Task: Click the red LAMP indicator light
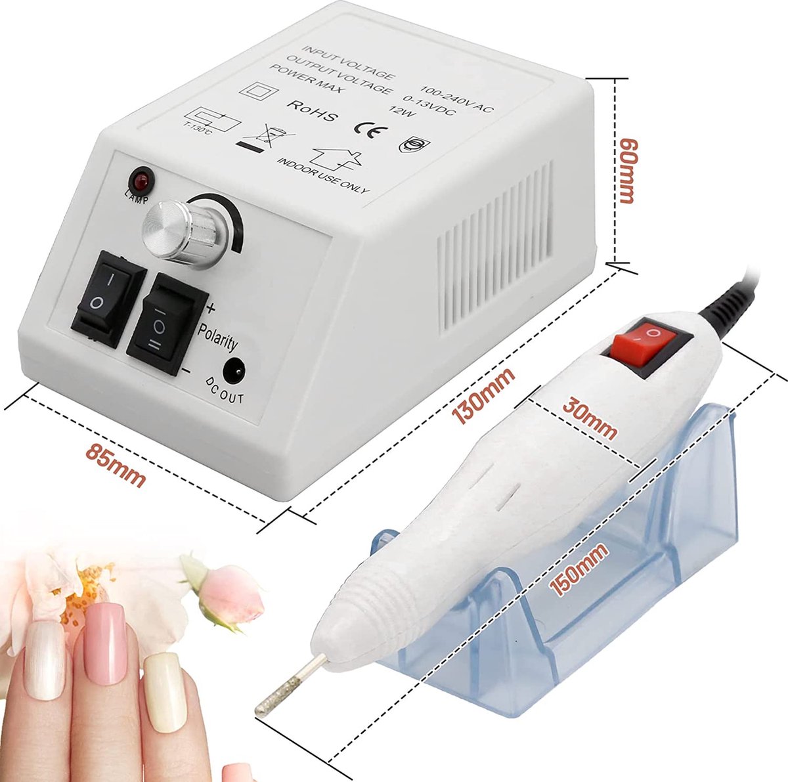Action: pyautogui.click(x=141, y=179)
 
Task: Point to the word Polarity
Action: pyautogui.click(x=217, y=334)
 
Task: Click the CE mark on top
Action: pyautogui.click(x=365, y=127)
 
